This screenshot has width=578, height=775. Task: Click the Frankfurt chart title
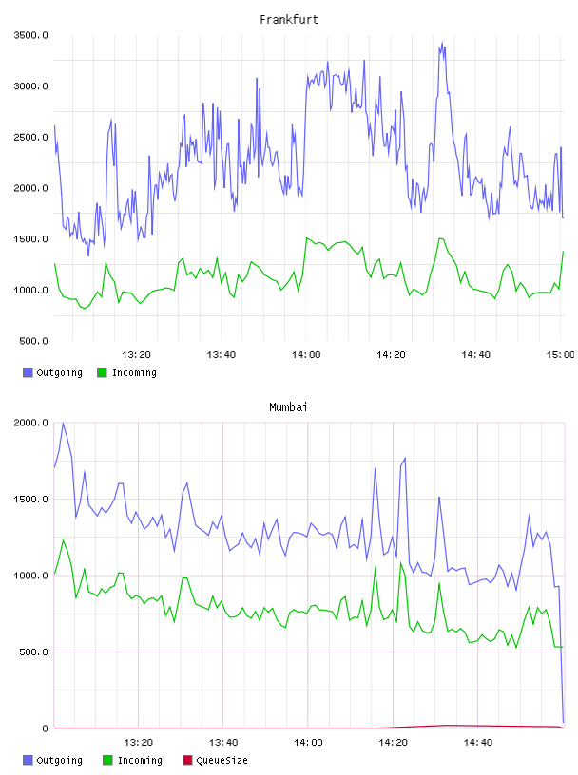pos(289,20)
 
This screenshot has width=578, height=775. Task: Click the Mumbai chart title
pos(288,407)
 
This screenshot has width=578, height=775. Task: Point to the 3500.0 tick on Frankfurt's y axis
pos(30,35)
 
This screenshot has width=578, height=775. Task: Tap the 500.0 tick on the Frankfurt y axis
pos(33,341)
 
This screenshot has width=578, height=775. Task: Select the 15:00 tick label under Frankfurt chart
pos(560,355)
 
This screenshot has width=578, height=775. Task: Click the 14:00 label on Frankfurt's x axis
pos(306,355)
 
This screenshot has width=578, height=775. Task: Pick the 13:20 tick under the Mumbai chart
pos(138,743)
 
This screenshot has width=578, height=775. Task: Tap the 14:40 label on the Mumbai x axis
pos(477,743)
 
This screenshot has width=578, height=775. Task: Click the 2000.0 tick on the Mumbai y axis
pos(30,423)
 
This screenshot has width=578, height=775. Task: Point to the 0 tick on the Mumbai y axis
pos(45,728)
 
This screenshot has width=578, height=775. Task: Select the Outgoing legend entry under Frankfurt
pos(52,372)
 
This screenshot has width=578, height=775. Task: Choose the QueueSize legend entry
pos(215,760)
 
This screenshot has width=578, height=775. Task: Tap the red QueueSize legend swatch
pos(187,760)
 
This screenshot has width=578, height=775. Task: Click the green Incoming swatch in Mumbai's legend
pos(106,760)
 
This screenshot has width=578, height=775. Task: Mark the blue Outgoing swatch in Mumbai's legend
pos(28,760)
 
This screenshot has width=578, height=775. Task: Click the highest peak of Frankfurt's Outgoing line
pos(442,42)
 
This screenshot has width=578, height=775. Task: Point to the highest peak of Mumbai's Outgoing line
pos(63,423)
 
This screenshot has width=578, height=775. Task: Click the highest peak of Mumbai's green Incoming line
pos(63,540)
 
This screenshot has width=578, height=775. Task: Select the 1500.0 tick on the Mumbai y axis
pos(30,500)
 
